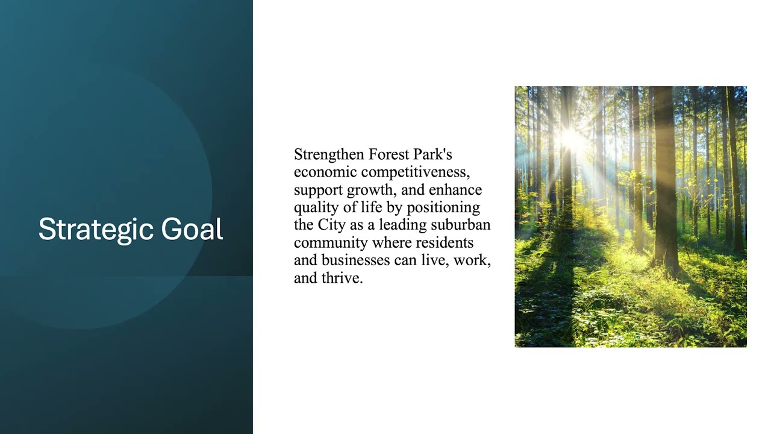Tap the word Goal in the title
click(x=192, y=229)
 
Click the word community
click(x=331, y=243)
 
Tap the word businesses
click(x=356, y=260)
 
